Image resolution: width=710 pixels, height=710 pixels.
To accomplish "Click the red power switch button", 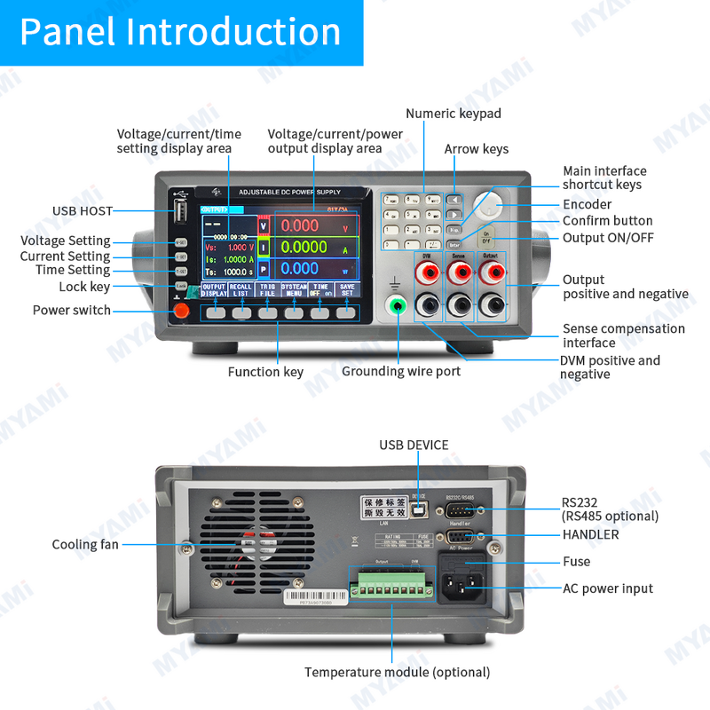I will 181,311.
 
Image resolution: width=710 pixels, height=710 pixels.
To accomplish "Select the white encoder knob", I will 487,206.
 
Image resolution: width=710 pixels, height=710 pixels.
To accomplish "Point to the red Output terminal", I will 490,272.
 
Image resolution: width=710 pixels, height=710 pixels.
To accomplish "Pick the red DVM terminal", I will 427,272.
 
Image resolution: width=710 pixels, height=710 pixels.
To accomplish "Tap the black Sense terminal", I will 459,306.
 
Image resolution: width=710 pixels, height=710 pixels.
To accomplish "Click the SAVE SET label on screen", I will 346,289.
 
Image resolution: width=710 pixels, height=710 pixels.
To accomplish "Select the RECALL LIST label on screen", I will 241,289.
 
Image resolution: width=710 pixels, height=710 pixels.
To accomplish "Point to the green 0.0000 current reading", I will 304,248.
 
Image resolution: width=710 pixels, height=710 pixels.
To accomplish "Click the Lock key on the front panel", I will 180,287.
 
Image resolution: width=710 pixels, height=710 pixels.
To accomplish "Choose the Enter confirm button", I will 454,244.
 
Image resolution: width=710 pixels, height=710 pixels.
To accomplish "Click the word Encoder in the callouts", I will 588,205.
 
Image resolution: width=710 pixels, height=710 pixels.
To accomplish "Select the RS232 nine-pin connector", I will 459,510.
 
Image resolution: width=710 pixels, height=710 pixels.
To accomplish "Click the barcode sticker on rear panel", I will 310,599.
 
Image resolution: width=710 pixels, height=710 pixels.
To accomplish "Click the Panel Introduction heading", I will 180,31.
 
